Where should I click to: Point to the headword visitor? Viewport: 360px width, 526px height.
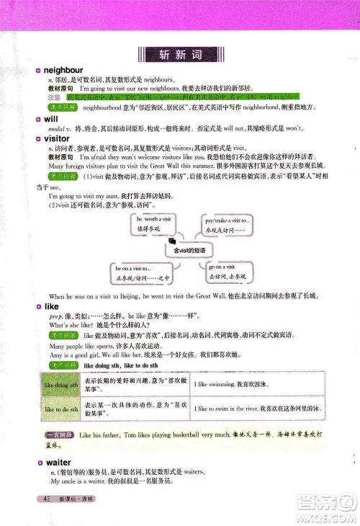(x=57, y=138)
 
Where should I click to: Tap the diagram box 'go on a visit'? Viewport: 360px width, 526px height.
(x=228, y=272)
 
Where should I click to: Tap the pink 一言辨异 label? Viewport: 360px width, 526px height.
(x=57, y=437)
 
